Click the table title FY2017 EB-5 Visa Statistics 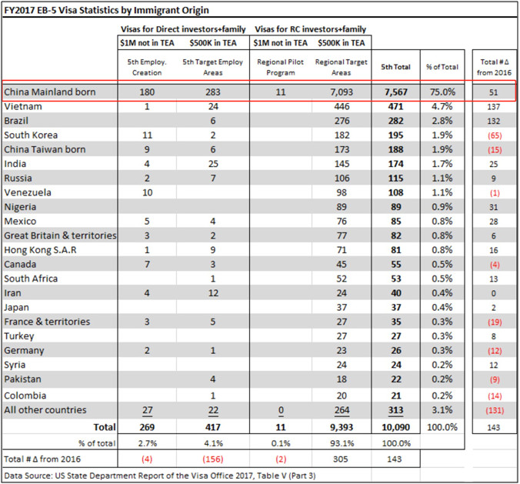[106, 10]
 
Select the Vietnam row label [23, 106]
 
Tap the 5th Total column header [395, 67]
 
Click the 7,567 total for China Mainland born [395, 92]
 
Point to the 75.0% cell [442, 92]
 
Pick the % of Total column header [442, 67]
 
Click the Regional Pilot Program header [281, 68]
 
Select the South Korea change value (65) [495, 135]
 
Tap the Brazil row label [16, 121]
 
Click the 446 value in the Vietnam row [342, 106]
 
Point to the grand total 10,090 [395, 427]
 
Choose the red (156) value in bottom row [213, 459]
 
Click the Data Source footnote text [160, 476]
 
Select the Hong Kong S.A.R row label [40, 250]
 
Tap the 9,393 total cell [342, 427]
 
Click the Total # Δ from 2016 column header [494, 68]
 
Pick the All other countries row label [45, 410]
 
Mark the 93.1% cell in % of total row [342, 443]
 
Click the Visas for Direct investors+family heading [183, 29]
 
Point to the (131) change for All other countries [495, 410]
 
